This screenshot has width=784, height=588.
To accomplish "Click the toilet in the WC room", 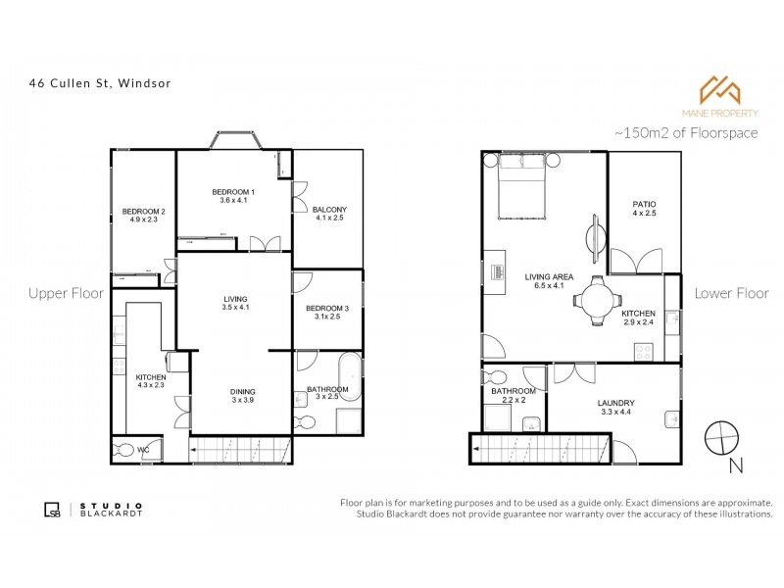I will pyautogui.click(x=125, y=451).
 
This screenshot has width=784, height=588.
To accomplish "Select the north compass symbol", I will pyautogui.click(x=722, y=435).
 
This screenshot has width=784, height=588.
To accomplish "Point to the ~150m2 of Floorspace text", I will pyautogui.click(x=685, y=132).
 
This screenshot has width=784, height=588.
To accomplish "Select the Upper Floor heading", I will pyautogui.click(x=66, y=293).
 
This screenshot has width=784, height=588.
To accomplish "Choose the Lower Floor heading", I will pyautogui.click(x=730, y=293).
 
